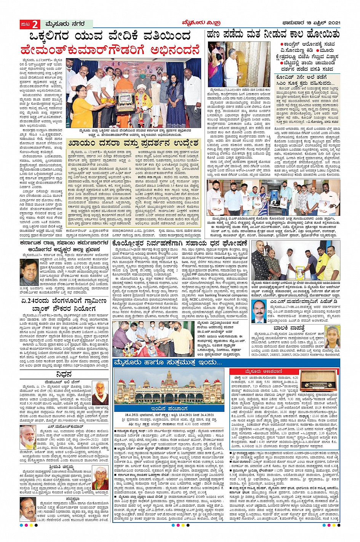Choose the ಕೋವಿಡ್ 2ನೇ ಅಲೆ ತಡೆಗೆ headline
coord(306,77)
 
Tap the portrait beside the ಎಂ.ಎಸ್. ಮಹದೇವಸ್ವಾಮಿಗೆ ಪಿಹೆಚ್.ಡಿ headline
coord(259,311)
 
